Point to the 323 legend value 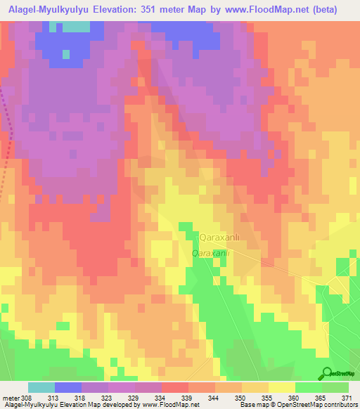click(x=108, y=398)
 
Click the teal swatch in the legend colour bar click(x=41, y=387)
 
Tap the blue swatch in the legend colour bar click(x=67, y=387)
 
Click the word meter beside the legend click(x=10, y=398)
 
